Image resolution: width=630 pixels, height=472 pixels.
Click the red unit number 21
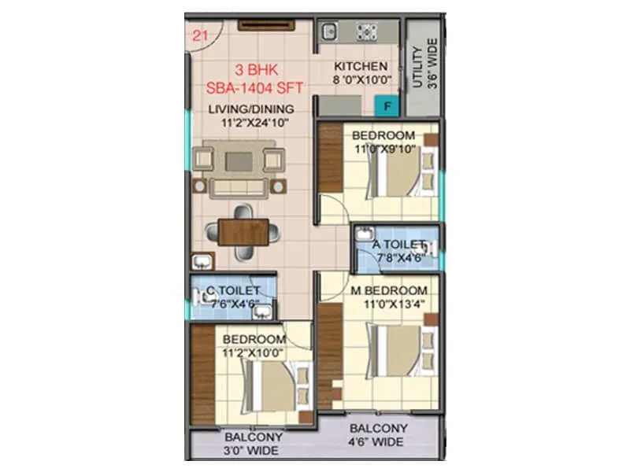[200, 34]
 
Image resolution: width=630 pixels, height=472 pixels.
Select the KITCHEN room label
[360, 67]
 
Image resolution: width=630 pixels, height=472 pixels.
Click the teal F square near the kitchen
[387, 104]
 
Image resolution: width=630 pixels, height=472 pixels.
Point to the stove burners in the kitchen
[367, 31]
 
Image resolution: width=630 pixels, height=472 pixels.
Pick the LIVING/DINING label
[251, 109]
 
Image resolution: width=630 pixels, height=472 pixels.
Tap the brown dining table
[243, 231]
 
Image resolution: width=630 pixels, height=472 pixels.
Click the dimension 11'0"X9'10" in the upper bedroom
[384, 149]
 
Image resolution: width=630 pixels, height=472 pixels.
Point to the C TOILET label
[233, 291]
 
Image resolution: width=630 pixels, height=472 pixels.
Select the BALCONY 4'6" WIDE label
[379, 435]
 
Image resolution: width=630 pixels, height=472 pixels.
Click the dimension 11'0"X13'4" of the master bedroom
[388, 304]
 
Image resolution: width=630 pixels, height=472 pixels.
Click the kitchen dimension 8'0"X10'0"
[360, 80]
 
